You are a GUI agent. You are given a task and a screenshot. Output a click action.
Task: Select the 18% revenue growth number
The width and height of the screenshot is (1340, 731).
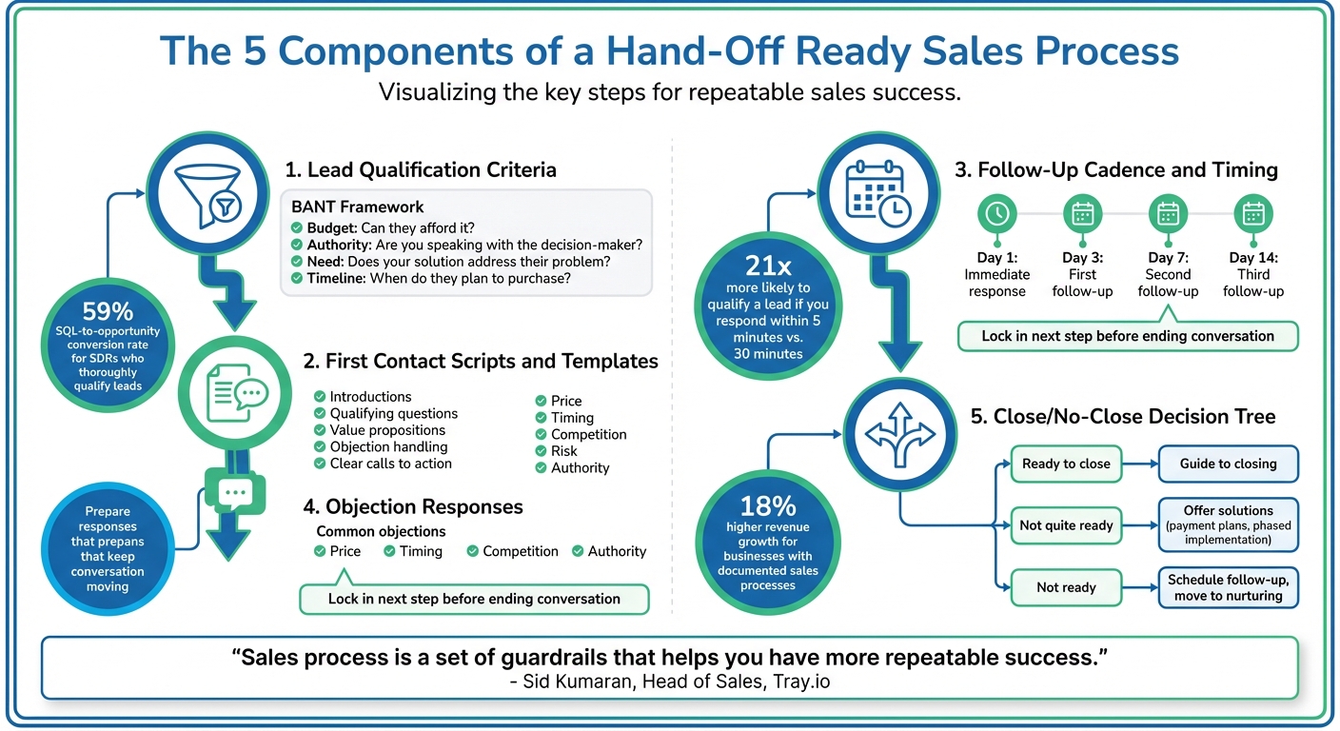coord(767,505)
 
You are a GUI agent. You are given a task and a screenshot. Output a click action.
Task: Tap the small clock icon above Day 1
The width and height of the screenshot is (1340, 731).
coord(996,213)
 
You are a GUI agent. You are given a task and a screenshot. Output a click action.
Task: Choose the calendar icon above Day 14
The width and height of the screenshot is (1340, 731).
coord(1252,213)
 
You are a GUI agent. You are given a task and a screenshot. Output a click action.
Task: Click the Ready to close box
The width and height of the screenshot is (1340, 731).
coord(1066,464)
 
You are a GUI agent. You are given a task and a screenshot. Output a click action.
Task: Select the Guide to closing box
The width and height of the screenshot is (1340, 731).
coord(1228,464)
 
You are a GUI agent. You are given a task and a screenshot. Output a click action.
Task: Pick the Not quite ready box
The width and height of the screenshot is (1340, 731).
coord(1066,525)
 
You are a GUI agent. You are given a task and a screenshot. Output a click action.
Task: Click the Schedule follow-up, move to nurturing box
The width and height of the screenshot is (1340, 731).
coord(1228,587)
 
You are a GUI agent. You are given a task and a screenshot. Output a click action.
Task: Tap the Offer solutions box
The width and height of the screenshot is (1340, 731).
coord(1228,524)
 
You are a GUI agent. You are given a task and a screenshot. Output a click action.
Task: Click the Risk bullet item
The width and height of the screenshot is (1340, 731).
coord(564,451)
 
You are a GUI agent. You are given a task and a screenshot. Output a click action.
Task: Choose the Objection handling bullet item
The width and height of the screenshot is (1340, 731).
coord(388,446)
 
